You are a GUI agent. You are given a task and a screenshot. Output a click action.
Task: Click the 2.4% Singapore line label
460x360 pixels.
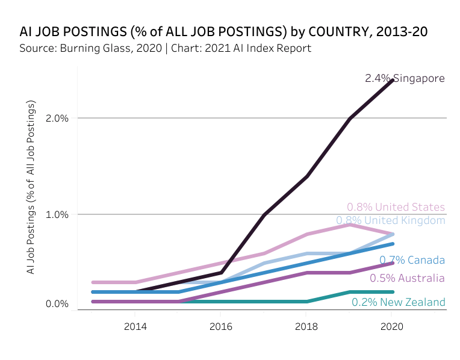405,78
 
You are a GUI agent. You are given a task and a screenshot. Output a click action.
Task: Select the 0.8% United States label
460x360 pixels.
396,207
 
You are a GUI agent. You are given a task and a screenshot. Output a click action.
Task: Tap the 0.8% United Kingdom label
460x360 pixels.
390,220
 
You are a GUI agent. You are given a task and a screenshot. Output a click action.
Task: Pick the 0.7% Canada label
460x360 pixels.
412,260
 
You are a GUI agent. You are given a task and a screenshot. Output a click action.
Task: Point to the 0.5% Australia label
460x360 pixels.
407,278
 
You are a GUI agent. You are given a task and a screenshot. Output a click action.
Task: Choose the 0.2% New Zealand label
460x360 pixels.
398,302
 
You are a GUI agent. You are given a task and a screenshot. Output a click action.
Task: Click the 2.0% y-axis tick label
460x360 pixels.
57,118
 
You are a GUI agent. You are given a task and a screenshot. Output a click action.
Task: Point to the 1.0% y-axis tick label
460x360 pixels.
57,214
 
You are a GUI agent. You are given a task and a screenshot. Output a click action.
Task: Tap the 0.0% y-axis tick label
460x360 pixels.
57,304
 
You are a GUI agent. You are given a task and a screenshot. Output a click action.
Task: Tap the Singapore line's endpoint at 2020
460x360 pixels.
392,80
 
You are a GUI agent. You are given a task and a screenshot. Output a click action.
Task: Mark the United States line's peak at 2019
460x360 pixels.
349,225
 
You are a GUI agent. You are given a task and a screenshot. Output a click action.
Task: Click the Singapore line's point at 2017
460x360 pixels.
264,214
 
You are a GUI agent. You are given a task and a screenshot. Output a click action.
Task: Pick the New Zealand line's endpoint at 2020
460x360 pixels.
392,292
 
